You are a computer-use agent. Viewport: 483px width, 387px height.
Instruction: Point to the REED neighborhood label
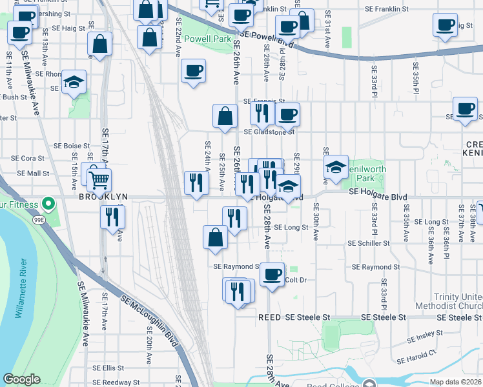[x=270, y=318]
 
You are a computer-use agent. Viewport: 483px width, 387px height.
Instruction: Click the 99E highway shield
[x=39, y=220]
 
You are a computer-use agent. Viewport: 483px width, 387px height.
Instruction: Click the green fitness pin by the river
[x=48, y=205]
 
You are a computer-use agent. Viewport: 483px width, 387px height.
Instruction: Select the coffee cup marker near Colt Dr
[x=272, y=273]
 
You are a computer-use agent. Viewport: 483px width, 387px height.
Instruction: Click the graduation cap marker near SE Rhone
[x=74, y=81]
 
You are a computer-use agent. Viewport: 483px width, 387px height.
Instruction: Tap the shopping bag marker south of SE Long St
[x=215, y=237]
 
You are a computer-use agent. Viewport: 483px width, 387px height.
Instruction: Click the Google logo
[x=21, y=379]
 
